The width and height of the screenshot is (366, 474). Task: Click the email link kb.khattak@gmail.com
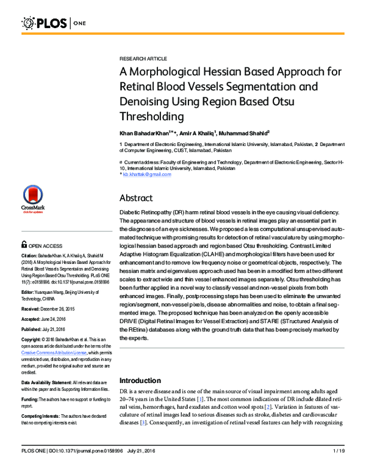click(x=147, y=174)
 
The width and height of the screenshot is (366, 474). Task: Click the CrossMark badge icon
click(x=33, y=198)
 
